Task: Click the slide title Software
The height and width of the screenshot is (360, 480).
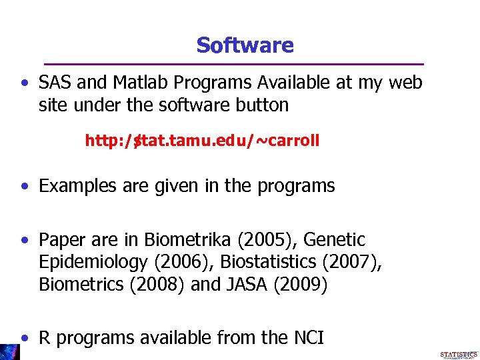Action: click(245, 45)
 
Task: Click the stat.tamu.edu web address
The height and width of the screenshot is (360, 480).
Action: click(202, 141)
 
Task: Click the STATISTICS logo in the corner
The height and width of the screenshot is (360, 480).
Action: click(459, 355)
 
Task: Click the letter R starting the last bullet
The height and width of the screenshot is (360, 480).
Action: click(45, 338)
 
